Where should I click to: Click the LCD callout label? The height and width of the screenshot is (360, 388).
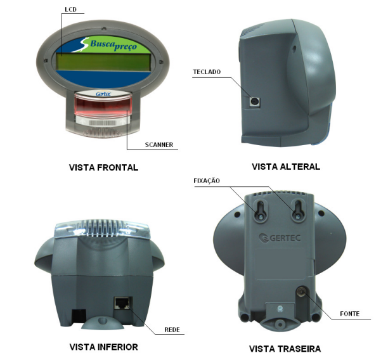coord(71,10)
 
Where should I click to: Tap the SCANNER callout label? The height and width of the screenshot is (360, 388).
coord(159,145)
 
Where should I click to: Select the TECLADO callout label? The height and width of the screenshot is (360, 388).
coord(207,72)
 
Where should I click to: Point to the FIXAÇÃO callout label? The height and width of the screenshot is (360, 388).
coord(207,181)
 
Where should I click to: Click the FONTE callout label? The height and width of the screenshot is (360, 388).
coord(350,314)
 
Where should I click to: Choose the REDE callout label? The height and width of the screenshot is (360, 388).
coord(172,330)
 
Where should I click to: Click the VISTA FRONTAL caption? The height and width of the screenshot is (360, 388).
coord(103,167)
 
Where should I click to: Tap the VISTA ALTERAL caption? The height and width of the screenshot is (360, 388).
coord(286,167)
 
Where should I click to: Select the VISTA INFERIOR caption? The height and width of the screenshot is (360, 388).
coord(104,347)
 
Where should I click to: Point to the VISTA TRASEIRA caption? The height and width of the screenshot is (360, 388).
coord(285,349)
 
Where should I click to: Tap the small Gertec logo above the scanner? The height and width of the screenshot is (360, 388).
coord(103,94)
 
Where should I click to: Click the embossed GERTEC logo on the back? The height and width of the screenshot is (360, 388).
coord(280,238)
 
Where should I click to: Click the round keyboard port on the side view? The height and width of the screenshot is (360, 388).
coord(255,101)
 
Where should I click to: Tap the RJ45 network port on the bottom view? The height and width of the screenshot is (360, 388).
coord(122,303)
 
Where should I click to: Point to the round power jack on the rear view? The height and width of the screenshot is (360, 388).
coord(301,292)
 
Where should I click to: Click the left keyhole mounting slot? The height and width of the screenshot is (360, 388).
coord(261,210)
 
